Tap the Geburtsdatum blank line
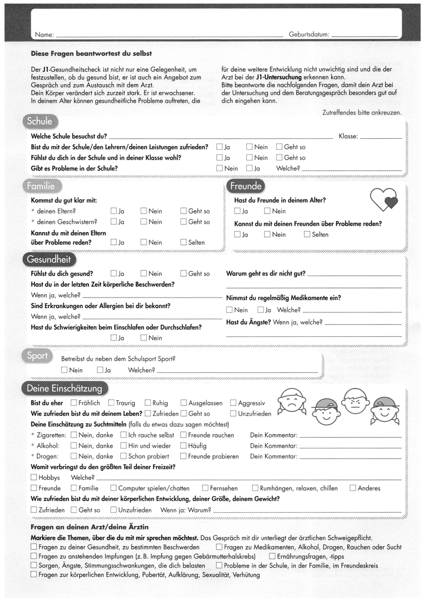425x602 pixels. click(364, 36)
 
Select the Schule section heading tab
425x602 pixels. click(40, 121)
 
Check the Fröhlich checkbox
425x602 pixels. click(74, 403)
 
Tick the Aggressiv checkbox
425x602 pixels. click(233, 403)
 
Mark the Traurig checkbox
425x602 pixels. click(111, 403)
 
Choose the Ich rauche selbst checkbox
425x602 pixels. click(123, 435)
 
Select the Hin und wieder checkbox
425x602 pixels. click(123, 446)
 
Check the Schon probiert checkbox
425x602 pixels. click(123, 456)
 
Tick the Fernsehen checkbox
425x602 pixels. click(205, 488)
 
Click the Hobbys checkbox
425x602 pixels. click(34, 477)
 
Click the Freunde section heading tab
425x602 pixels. click(246, 186)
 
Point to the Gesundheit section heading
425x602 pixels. click(48, 260)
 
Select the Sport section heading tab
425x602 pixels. click(37, 355)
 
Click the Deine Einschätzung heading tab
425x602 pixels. click(64, 388)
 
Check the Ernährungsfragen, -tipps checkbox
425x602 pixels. click(271, 556)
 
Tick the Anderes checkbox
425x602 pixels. click(353, 488)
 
